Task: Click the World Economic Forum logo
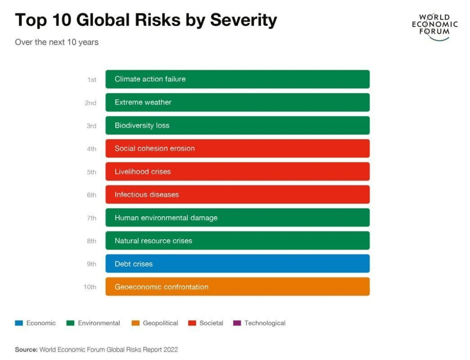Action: pyautogui.click(x=434, y=26)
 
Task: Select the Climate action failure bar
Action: pyautogui.click(x=237, y=79)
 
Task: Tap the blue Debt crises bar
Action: pyautogui.click(x=237, y=264)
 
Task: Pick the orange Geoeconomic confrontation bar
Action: pyautogui.click(x=237, y=287)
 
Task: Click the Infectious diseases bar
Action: pyautogui.click(x=237, y=194)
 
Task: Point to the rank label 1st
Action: pyautogui.click(x=92, y=79)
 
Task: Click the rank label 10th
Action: pyautogui.click(x=90, y=287)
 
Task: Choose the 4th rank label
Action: pyautogui.click(x=91, y=149)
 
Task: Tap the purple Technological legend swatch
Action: pyautogui.click(x=237, y=323)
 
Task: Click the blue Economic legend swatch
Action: pyautogui.click(x=19, y=323)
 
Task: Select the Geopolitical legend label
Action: pyautogui.click(x=160, y=323)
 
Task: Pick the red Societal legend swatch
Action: pyautogui.click(x=192, y=323)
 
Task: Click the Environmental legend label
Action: pyautogui.click(x=99, y=323)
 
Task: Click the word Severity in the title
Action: pyautogui.click(x=243, y=20)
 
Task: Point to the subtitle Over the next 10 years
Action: pyautogui.click(x=56, y=42)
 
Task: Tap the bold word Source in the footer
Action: pyautogui.click(x=26, y=349)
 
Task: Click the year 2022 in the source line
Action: pyautogui.click(x=170, y=349)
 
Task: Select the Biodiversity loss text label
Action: pyautogui.click(x=142, y=125)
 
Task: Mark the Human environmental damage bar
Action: pyautogui.click(x=237, y=217)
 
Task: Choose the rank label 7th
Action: pyautogui.click(x=91, y=218)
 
